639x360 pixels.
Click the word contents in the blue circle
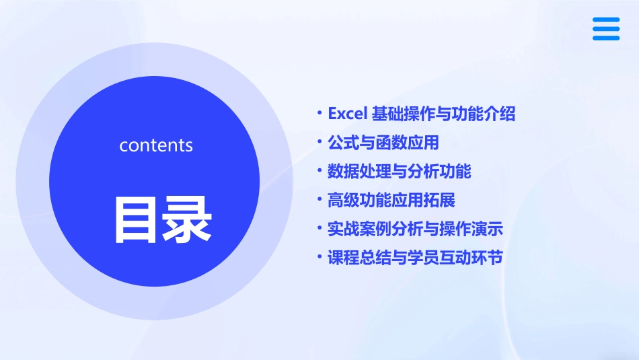[156, 145]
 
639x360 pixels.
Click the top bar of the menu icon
[605, 20]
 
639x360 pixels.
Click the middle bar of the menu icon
[605, 29]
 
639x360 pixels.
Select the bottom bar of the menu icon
[605, 38]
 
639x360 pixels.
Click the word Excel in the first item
[346, 114]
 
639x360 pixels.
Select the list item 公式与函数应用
[383, 143]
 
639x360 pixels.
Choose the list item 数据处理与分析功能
[400, 172]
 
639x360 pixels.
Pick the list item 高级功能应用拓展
[391, 201]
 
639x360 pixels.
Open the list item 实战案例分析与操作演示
[416, 229]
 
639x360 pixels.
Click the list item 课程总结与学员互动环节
[416, 258]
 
